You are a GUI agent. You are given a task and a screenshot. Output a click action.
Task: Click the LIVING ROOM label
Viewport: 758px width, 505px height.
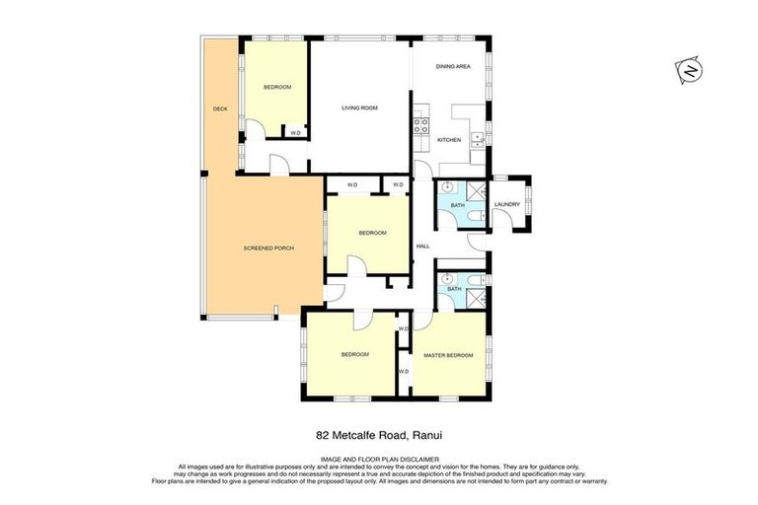[359, 108]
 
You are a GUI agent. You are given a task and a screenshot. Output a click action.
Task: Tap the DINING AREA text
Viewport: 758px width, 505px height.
[453, 66]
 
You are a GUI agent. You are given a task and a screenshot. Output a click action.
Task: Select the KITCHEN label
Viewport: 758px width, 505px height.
[449, 140]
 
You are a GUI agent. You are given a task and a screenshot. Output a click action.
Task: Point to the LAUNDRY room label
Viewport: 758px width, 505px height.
[506, 204]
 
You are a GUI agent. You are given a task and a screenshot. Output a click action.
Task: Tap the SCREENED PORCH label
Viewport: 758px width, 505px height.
[268, 248]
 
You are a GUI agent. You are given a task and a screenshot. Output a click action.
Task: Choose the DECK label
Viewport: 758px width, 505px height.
[220, 108]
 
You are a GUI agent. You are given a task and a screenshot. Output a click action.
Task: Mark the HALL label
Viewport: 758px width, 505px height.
[422, 246]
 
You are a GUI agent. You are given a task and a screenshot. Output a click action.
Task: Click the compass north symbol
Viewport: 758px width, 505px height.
[689, 71]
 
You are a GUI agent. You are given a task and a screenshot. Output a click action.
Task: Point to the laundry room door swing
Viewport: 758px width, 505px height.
[502, 219]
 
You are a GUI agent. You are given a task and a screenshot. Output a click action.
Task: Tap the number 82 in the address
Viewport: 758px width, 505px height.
[322, 433]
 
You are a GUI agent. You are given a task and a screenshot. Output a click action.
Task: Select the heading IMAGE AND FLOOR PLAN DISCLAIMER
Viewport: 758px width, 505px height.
[379, 459]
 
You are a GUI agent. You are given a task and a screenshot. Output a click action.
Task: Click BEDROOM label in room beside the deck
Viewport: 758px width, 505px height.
[277, 88]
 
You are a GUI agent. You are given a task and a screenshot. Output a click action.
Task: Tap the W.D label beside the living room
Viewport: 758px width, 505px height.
[295, 132]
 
